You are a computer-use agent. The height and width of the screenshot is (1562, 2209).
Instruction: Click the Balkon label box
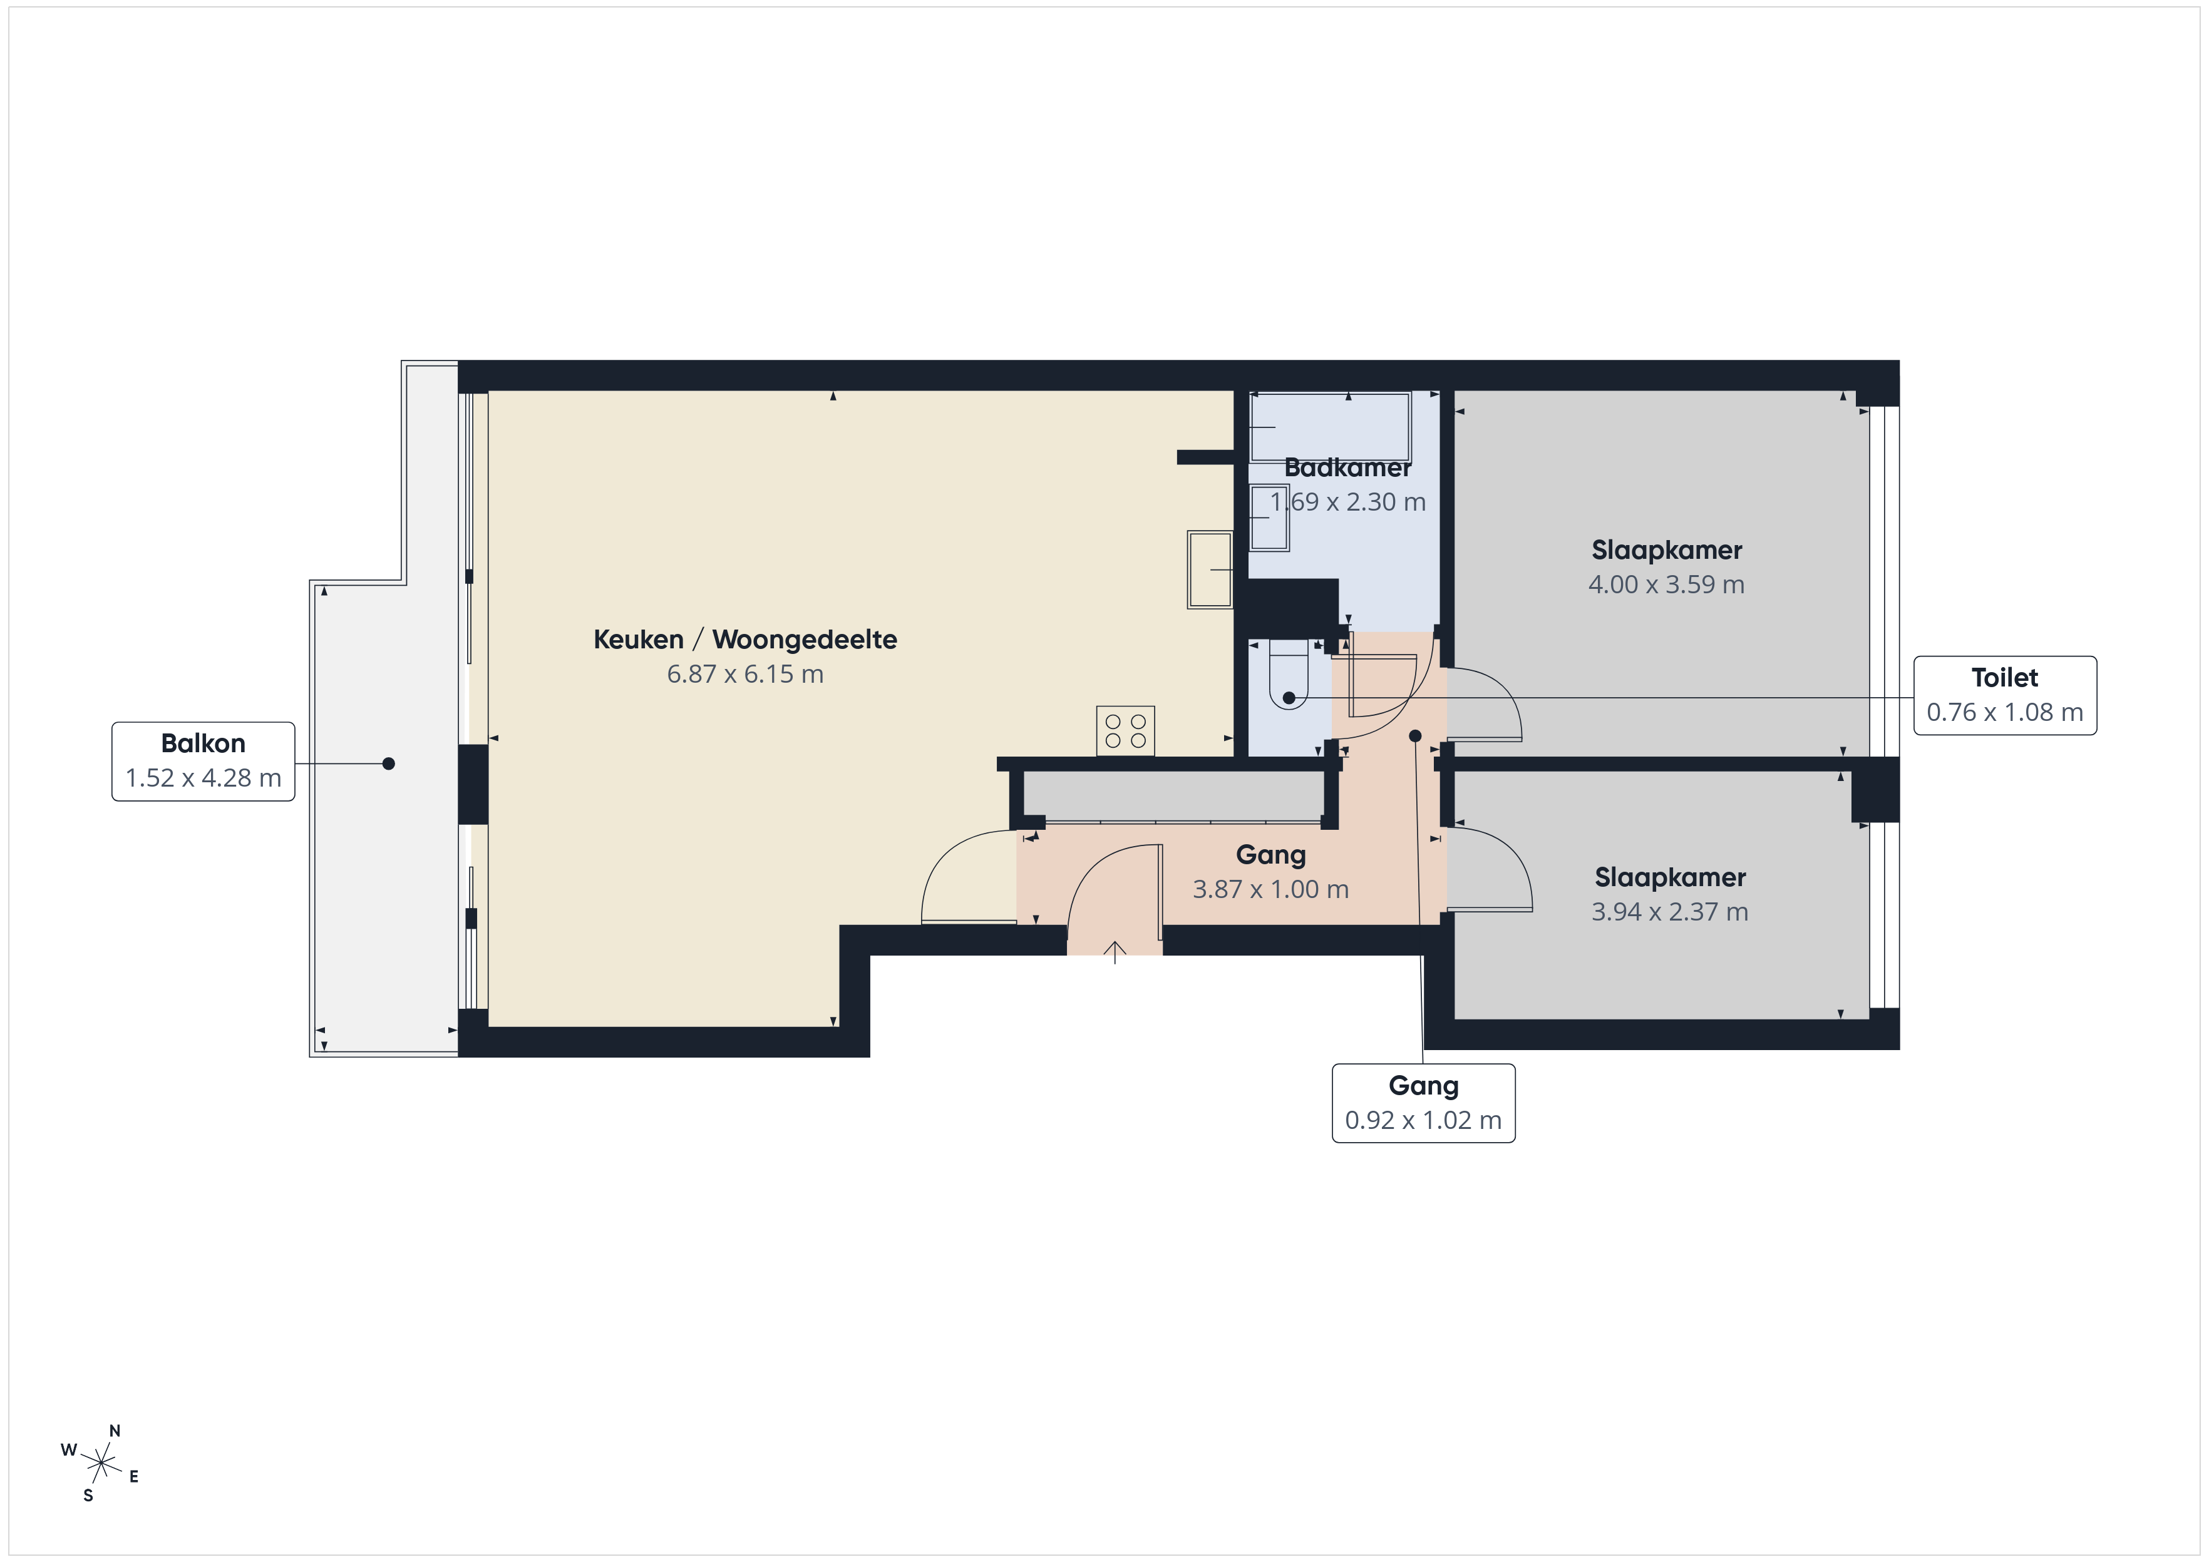(203, 761)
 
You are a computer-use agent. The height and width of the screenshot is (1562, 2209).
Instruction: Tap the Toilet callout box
(2004, 695)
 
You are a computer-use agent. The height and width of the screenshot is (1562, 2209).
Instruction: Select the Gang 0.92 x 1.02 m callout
(1423, 1103)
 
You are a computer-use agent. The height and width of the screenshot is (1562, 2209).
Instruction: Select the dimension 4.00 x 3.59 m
(1666, 584)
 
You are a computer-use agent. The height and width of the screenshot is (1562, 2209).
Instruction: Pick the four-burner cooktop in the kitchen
(1125, 731)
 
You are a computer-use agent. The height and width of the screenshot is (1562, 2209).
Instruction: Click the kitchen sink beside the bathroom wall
(1209, 569)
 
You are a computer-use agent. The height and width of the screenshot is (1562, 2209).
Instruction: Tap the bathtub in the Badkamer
(1330, 427)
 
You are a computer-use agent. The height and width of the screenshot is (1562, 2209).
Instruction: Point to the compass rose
(101, 1464)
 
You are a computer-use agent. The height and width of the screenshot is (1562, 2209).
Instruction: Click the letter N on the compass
(115, 1431)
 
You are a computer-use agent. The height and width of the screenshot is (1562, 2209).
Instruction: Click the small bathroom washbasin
(1269, 518)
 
